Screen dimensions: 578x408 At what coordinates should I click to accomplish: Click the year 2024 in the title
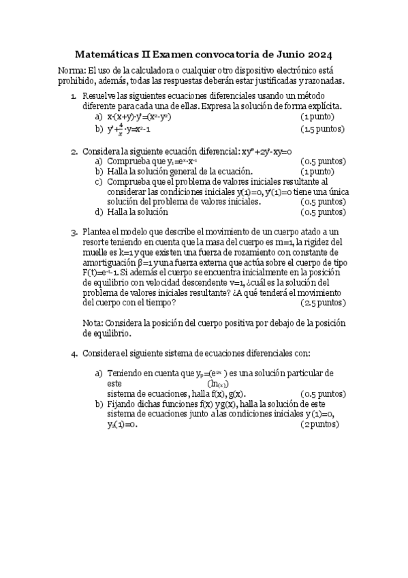(319, 54)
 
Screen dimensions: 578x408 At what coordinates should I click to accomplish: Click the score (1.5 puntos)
(323, 129)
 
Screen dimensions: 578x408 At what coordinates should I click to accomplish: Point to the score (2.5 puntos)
(323, 302)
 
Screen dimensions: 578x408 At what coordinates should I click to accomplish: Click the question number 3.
(74, 232)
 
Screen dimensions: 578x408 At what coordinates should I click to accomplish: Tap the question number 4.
(74, 353)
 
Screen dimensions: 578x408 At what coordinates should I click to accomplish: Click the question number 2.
(74, 151)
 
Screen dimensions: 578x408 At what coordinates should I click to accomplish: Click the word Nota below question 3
(93, 322)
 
